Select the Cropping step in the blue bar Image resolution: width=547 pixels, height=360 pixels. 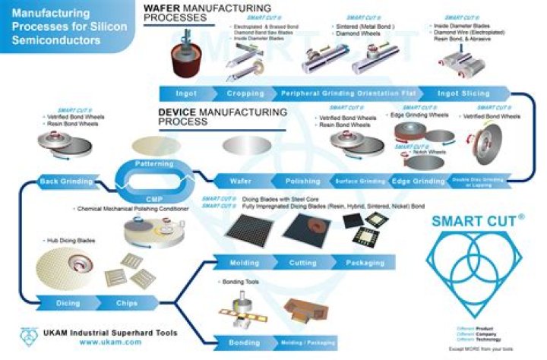(x=245, y=94)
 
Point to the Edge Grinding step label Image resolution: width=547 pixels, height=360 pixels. (x=417, y=182)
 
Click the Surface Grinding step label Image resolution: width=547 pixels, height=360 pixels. (x=360, y=182)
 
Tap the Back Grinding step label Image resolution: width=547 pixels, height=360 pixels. (x=68, y=182)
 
